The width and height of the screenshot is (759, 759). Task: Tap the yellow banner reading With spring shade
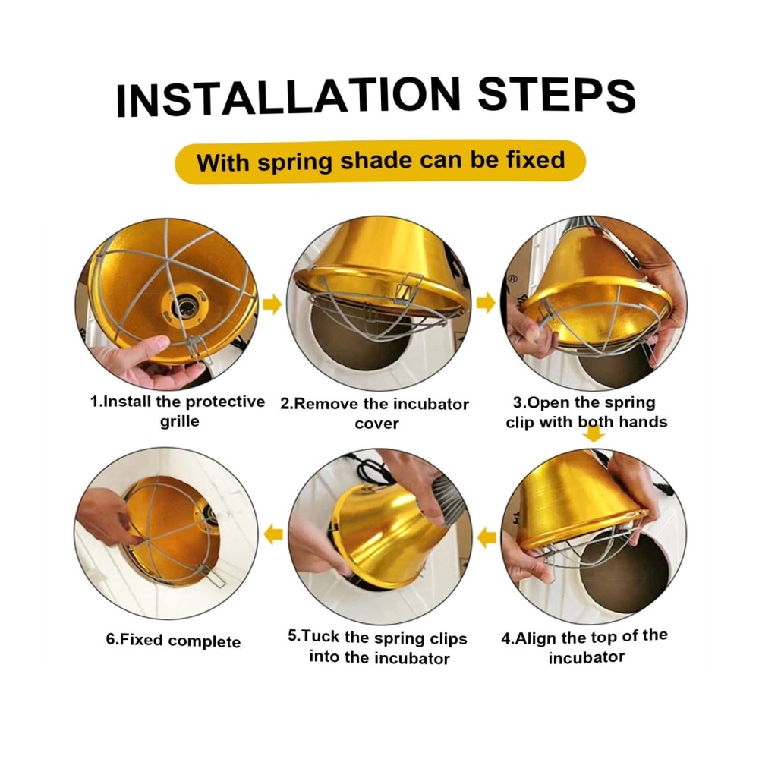380,162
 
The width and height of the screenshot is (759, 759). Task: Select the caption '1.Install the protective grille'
178,411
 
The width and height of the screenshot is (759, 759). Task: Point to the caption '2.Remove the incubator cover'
375,414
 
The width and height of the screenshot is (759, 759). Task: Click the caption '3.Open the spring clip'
587,412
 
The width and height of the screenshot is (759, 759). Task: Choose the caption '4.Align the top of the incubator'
584,646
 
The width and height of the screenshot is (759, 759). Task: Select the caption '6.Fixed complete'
173,641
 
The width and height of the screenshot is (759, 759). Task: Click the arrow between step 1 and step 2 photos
272,304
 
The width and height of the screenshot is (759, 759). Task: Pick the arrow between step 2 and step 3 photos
486,303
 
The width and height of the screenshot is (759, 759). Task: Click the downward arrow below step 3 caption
594,435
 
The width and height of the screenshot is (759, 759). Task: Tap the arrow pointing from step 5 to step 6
273,534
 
